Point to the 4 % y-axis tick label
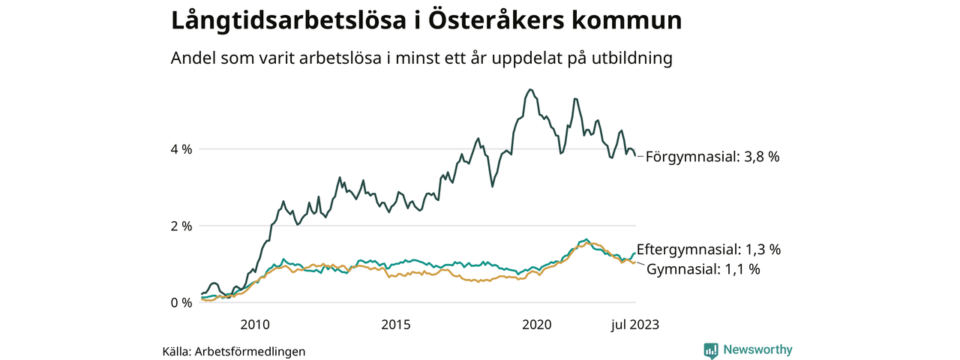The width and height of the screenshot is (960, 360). coord(182,149)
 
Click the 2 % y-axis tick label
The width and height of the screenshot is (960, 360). coord(182,226)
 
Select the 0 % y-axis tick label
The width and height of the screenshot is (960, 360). coord(182,303)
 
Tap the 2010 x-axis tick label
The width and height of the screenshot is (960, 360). coord(254,324)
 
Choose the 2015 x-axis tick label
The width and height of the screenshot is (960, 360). coord(395,324)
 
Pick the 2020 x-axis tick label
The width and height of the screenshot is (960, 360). coord(536,324)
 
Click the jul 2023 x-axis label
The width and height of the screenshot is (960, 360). coord(635,324)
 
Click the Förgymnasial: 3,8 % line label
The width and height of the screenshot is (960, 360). coord(712,157)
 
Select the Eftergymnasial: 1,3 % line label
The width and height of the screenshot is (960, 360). coord(709,249)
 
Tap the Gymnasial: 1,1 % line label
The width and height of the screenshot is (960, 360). coord(703,268)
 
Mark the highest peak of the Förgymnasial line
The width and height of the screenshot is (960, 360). coord(530,89)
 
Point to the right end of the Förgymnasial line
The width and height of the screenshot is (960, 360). coord(635,155)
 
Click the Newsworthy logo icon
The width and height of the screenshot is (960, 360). coord(711,349)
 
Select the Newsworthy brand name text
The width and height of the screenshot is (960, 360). coord(757,349)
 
